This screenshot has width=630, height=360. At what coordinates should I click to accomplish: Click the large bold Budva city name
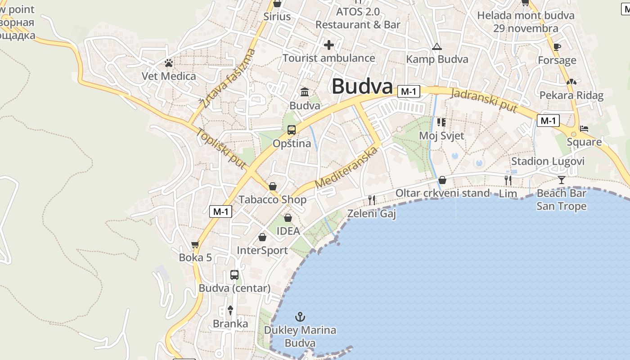pyautogui.click(x=362, y=86)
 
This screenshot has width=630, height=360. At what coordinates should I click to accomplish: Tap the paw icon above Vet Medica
pyautogui.click(x=169, y=63)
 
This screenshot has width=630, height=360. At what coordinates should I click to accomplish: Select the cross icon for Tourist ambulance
pyautogui.click(x=329, y=45)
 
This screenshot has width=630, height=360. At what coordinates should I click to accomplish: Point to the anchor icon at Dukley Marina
pyautogui.click(x=300, y=317)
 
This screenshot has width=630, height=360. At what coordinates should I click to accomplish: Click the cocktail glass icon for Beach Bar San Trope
pyautogui.click(x=562, y=180)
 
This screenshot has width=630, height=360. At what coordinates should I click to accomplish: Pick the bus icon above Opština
pyautogui.click(x=292, y=130)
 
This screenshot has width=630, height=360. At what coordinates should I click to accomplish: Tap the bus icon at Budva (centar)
pyautogui.click(x=234, y=274)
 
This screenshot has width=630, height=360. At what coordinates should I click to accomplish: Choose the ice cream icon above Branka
pyautogui.click(x=230, y=310)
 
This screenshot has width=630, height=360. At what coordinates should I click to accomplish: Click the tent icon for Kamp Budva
pyautogui.click(x=436, y=46)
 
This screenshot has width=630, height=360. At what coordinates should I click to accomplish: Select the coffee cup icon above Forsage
pyautogui.click(x=557, y=47)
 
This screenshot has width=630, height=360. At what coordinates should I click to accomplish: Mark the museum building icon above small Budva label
pyautogui.click(x=305, y=92)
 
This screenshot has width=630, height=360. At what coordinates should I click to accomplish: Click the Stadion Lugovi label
pyautogui.click(x=548, y=162)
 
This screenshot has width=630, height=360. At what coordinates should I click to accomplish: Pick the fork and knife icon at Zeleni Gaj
pyautogui.click(x=372, y=200)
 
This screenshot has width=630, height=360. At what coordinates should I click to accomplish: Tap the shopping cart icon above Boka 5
pyautogui.click(x=195, y=245)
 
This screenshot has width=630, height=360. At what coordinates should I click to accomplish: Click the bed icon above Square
pyautogui.click(x=584, y=129)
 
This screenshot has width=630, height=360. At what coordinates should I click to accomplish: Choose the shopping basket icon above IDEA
pyautogui.click(x=288, y=218)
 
